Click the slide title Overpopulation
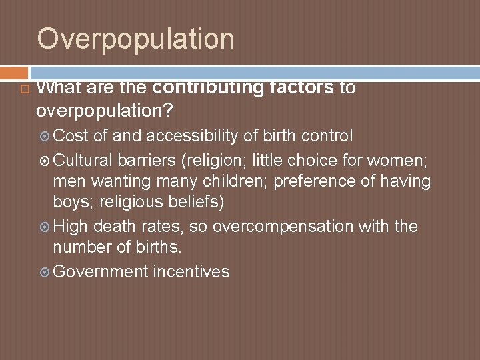click(135, 38)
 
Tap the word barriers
click(148, 159)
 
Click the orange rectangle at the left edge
click(13, 71)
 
